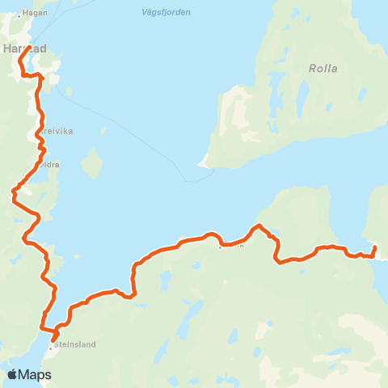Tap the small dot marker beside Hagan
coord(19,15)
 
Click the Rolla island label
coord(322,69)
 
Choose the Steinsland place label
coord(76,344)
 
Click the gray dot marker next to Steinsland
coord(52,344)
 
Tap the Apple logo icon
coord(13,374)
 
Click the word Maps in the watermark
coord(36,374)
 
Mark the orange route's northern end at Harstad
coord(29,48)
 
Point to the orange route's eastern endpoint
coord(375,246)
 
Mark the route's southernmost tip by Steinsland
coord(53,339)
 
